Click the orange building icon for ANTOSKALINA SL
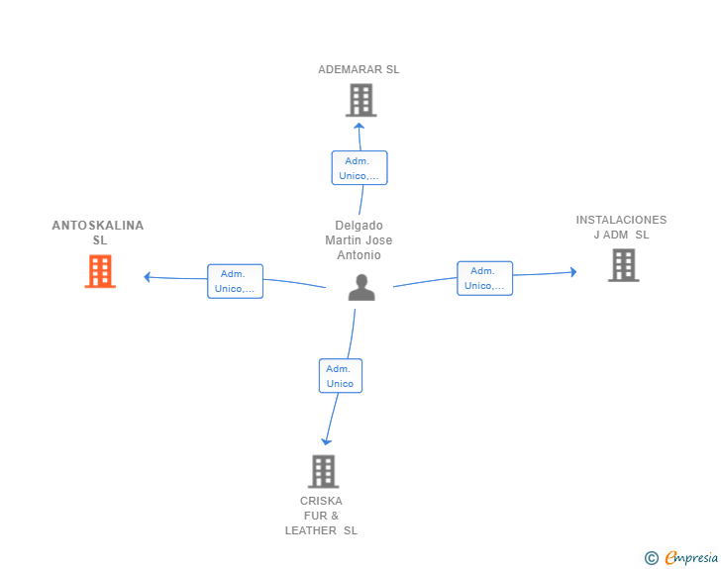point(100,271)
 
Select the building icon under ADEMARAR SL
point(361,100)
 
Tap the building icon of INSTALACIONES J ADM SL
point(624,265)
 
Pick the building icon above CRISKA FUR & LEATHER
point(323,471)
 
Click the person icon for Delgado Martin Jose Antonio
point(361,287)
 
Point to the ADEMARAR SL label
point(359,69)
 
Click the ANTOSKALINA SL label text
point(98,233)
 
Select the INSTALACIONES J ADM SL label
point(621,227)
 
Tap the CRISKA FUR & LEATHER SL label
point(321,516)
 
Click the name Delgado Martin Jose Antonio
point(359,239)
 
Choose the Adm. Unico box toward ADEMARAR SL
point(360,168)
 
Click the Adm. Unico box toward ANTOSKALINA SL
point(235,281)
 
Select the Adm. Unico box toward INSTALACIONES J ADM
point(484,278)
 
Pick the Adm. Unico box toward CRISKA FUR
point(341,375)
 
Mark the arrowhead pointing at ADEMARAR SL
point(360,126)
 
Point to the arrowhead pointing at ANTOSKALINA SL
point(147,277)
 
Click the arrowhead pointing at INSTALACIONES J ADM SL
point(573,271)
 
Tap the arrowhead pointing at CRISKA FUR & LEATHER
point(326,441)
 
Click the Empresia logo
point(691,558)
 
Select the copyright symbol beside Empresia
point(651,558)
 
